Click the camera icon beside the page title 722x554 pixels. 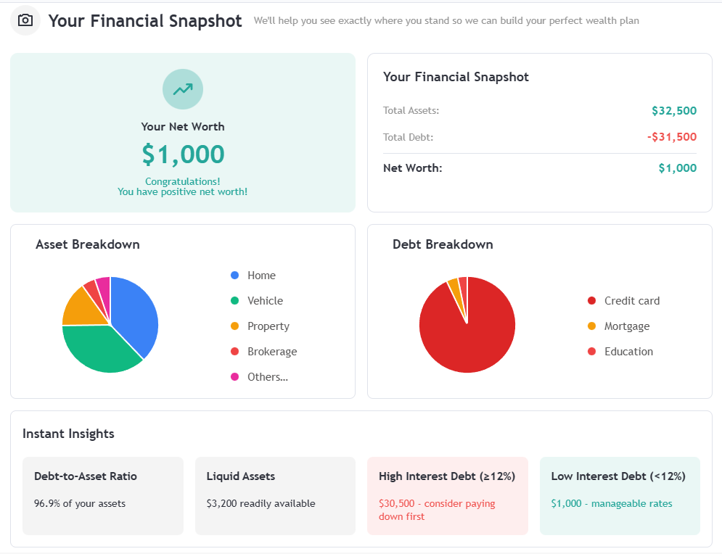25,20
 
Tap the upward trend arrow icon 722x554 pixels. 183,89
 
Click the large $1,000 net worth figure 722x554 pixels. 183,154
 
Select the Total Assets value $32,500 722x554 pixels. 673,111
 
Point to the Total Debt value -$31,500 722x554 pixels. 671,137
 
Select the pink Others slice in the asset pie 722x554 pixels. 103,285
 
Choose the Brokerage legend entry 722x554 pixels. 271,352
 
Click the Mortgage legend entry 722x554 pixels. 626,326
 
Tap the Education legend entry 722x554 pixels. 628,352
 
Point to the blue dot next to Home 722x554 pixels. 234,276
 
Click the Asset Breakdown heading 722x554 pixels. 88,244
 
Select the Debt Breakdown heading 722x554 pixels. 443,244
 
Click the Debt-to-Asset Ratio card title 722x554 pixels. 86,476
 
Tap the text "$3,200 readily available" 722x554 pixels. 261,503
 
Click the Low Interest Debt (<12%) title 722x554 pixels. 618,476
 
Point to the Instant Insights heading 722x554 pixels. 68,434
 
